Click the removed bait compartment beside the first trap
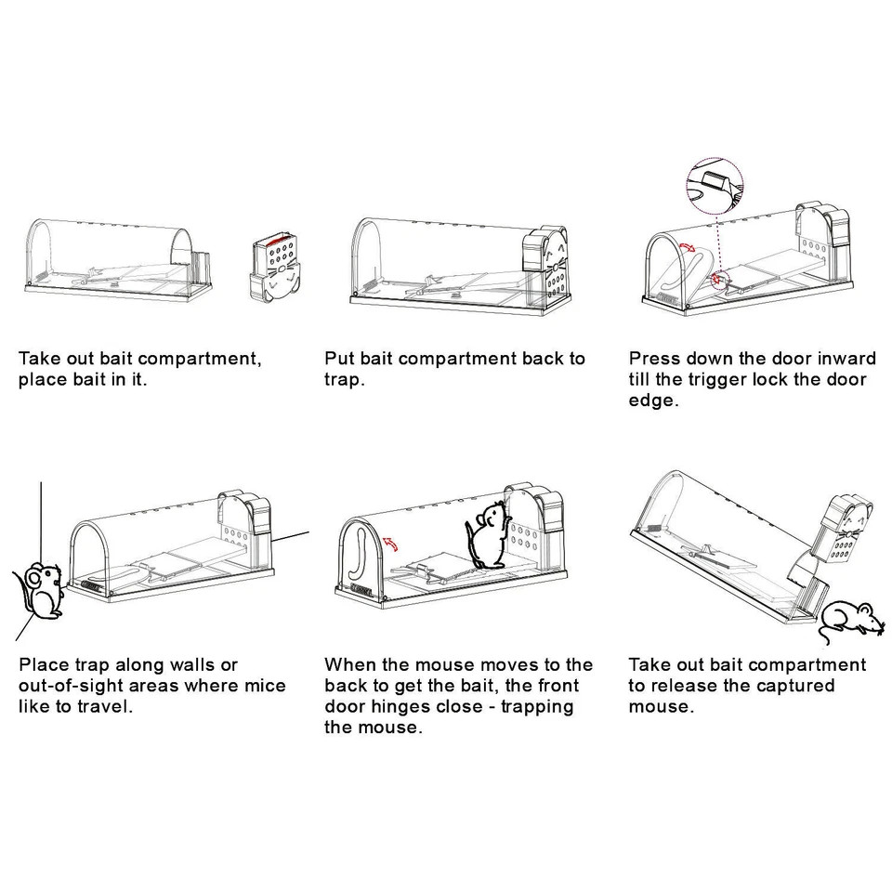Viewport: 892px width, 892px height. tap(276, 267)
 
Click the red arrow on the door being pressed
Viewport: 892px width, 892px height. tap(688, 245)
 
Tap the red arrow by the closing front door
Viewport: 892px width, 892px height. tap(391, 544)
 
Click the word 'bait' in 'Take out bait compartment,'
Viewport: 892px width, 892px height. tap(117, 359)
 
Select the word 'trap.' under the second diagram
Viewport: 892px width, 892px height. tap(345, 381)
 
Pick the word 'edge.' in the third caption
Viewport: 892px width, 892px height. tap(653, 401)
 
